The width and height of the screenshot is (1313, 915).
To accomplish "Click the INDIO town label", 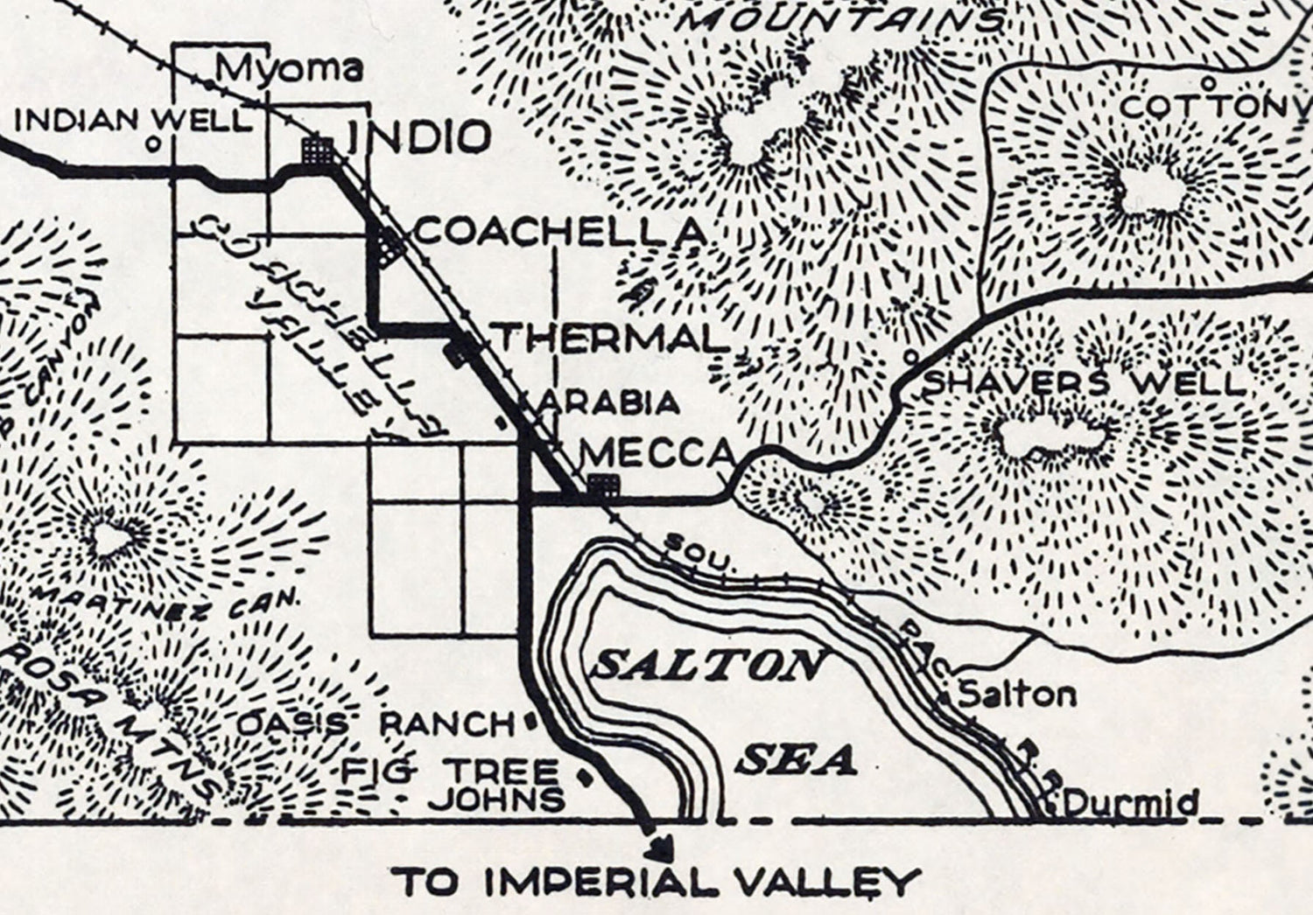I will (418, 138).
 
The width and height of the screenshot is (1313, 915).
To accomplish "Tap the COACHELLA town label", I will (560, 232).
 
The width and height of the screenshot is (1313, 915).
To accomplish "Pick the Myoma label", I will (289, 68).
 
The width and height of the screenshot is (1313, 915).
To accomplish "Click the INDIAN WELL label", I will (133, 120).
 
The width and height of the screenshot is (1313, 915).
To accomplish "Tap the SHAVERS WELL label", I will (1084, 383).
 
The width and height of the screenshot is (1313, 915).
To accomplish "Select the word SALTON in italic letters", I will (707, 667).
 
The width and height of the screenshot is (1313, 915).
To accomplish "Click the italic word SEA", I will (795, 761).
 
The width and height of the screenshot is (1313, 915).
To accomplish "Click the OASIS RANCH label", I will (376, 723).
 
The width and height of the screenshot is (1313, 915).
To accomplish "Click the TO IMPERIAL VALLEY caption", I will (656, 881).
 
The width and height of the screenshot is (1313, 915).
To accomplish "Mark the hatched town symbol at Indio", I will (317, 150).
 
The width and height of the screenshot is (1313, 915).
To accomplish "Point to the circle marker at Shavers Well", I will (910, 356).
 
